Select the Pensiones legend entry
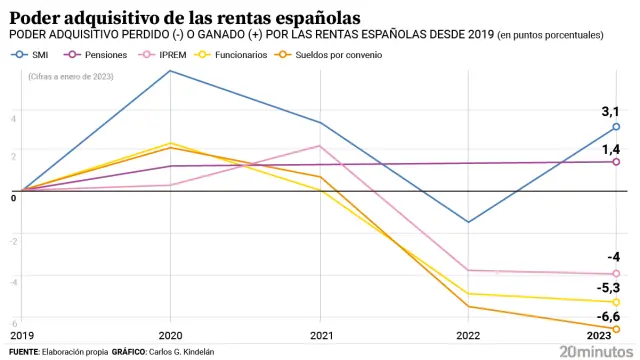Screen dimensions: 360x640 click(x=99, y=55)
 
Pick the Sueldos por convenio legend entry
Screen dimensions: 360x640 click(x=330, y=55)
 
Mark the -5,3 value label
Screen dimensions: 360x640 click(x=608, y=287)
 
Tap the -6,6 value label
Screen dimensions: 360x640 click(x=608, y=315)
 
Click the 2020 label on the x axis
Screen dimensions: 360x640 click(x=170, y=337)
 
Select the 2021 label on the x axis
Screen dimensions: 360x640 click(x=321, y=337)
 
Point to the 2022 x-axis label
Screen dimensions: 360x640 click(x=469, y=337)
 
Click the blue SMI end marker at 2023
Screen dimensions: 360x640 click(x=616, y=127)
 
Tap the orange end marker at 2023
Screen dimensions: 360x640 click(x=616, y=329)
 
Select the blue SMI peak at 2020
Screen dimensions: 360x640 click(x=171, y=70)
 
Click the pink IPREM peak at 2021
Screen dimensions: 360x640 click(x=320, y=146)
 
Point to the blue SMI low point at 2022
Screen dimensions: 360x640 click(x=468, y=222)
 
